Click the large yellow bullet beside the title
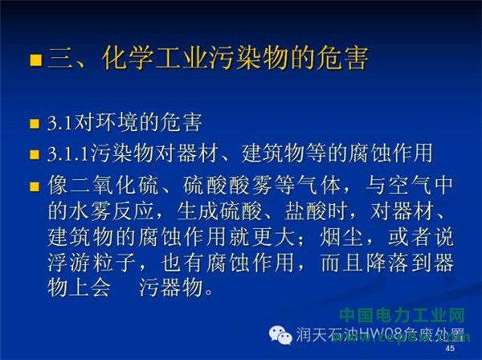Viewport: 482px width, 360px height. (35, 60)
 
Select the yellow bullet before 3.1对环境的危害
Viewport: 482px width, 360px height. (35, 124)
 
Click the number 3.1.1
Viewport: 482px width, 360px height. (69, 153)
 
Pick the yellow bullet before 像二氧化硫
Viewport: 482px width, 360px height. (35, 186)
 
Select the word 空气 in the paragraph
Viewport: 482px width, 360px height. (410, 186)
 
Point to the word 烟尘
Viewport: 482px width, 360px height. (342, 237)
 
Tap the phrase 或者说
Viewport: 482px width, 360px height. (421, 237)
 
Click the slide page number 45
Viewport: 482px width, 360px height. (450, 349)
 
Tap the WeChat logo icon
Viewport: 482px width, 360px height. (280, 335)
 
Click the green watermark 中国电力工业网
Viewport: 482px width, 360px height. (402, 316)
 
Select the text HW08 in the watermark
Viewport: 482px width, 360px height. (383, 334)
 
